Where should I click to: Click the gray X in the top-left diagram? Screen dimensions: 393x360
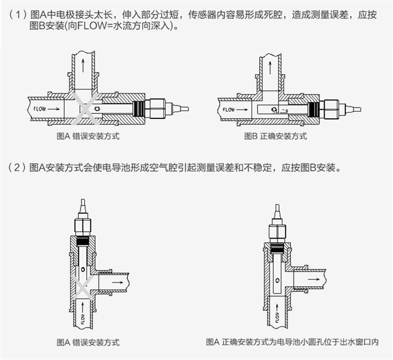[85, 109]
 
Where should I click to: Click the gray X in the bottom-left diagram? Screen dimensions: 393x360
[82, 287]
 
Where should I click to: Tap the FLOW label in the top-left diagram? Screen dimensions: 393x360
[40, 109]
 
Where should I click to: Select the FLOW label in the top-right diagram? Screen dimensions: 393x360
[229, 109]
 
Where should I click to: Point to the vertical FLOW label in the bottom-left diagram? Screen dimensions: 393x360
[83, 319]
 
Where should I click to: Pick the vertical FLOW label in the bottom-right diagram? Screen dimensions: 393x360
[277, 317]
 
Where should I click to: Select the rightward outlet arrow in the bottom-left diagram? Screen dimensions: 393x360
[117, 282]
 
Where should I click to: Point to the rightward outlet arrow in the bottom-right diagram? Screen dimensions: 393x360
[314, 279]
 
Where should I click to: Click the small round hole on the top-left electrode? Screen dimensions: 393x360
[97, 109]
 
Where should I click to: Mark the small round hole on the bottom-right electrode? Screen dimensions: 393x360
[278, 280]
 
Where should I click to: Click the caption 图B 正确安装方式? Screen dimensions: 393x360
[276, 136]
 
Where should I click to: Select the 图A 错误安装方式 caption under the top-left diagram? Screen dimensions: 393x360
[88, 136]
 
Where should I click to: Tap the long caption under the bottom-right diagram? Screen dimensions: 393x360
[292, 342]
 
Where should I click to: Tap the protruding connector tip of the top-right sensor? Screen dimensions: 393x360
[353, 109]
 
